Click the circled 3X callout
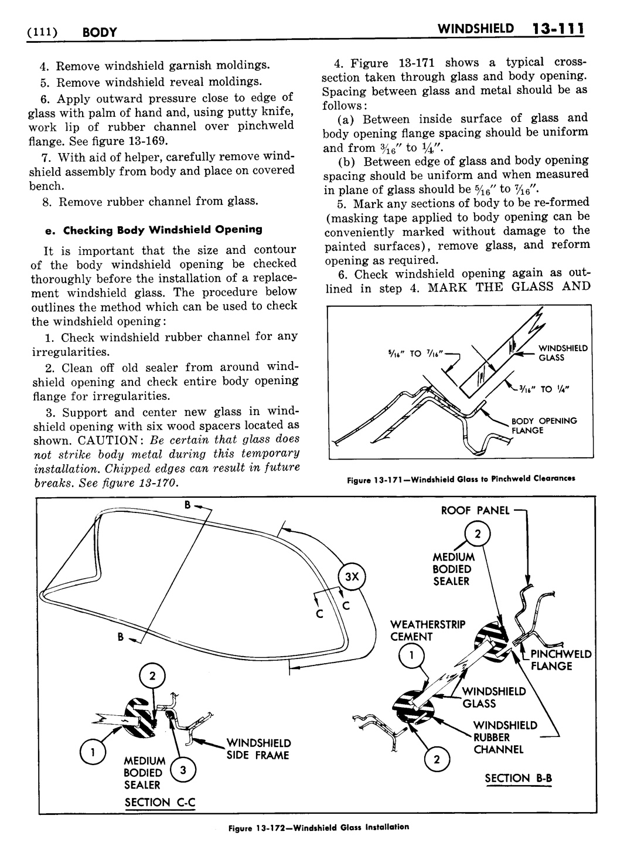351,576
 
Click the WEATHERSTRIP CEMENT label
420,631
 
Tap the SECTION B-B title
519,779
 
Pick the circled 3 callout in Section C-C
183,769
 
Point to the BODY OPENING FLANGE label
544,426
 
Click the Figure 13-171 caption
461,479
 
